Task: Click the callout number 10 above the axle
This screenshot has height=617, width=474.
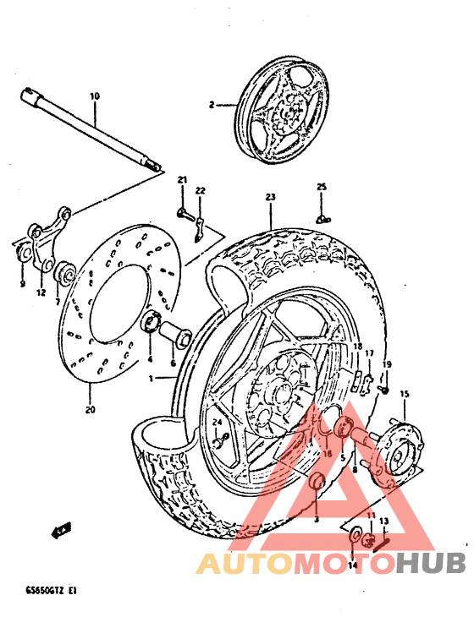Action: pyautogui.click(x=94, y=96)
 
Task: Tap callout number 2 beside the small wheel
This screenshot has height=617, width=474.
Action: pyautogui.click(x=212, y=105)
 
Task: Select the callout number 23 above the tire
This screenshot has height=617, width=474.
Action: pyautogui.click(x=270, y=197)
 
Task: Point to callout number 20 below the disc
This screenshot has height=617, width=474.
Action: pyautogui.click(x=91, y=411)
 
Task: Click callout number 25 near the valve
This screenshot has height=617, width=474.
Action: pyautogui.click(x=322, y=187)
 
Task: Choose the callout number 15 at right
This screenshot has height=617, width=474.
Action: pyautogui.click(x=404, y=394)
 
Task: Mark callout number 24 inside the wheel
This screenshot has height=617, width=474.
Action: pyautogui.click(x=217, y=422)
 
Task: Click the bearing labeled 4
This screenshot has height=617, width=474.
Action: pyautogui.click(x=153, y=321)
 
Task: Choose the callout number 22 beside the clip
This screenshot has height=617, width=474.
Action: pyautogui.click(x=201, y=191)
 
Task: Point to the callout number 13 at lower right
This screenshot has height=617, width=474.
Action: pyautogui.click(x=383, y=521)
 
